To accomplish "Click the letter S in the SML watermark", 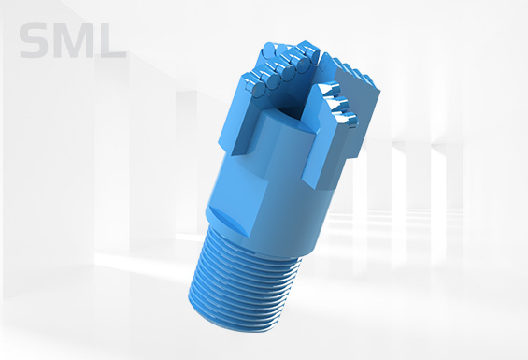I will pos(37,42).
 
